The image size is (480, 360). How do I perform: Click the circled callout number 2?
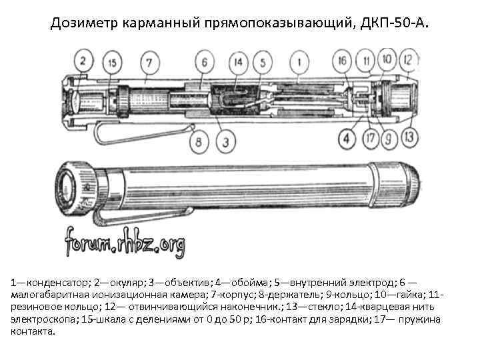(83, 61)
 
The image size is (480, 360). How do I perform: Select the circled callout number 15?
(113, 63)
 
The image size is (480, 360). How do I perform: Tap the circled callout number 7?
(149, 63)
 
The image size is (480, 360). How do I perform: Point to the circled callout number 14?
(238, 63)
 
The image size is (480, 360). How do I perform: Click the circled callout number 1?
(299, 63)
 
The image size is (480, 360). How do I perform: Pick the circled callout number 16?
(342, 61)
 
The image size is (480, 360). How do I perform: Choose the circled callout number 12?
(408, 60)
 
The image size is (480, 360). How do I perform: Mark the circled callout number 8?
(199, 142)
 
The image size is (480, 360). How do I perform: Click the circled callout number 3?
(225, 142)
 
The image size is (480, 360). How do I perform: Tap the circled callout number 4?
(347, 139)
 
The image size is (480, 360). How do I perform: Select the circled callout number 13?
(409, 137)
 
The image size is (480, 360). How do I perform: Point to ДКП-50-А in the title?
(394, 23)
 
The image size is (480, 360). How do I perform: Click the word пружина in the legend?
(419, 319)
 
